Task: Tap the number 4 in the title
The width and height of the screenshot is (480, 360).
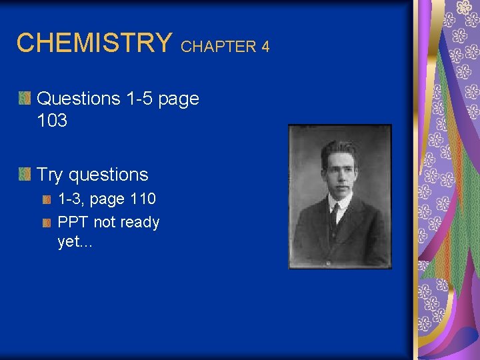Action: (265, 47)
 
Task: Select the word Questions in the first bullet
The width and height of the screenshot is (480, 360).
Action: (79, 99)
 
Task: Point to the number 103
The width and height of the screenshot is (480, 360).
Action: (52, 121)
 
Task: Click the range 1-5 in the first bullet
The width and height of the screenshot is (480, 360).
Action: (141, 99)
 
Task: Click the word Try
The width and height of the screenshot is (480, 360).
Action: (49, 175)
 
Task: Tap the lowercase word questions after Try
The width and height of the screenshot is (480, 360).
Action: (108, 175)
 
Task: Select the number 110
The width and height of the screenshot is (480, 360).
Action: (143, 199)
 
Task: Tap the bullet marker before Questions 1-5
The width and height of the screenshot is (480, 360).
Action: (24, 99)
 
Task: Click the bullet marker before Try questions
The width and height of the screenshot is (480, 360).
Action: (24, 175)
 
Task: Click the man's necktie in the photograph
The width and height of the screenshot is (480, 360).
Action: (333, 217)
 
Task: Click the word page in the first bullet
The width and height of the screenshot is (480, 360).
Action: (180, 99)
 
